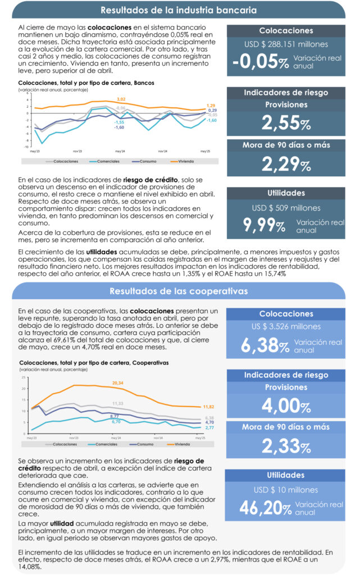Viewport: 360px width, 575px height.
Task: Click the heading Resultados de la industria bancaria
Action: (x=179, y=10)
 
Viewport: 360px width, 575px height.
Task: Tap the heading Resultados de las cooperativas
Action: (x=179, y=291)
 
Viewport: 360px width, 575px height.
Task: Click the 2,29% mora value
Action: (x=286, y=164)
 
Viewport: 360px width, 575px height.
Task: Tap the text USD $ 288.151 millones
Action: (x=286, y=44)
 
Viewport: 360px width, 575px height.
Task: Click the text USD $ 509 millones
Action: (x=286, y=208)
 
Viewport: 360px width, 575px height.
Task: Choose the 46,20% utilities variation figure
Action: (x=266, y=508)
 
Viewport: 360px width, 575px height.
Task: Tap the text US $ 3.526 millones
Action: (x=286, y=326)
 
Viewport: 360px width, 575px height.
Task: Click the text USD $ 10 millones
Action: (x=286, y=490)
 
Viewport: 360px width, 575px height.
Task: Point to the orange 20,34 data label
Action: (x=118, y=382)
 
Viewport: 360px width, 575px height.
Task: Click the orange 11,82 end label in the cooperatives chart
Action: (x=209, y=407)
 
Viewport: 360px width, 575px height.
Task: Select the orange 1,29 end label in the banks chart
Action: (x=211, y=106)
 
